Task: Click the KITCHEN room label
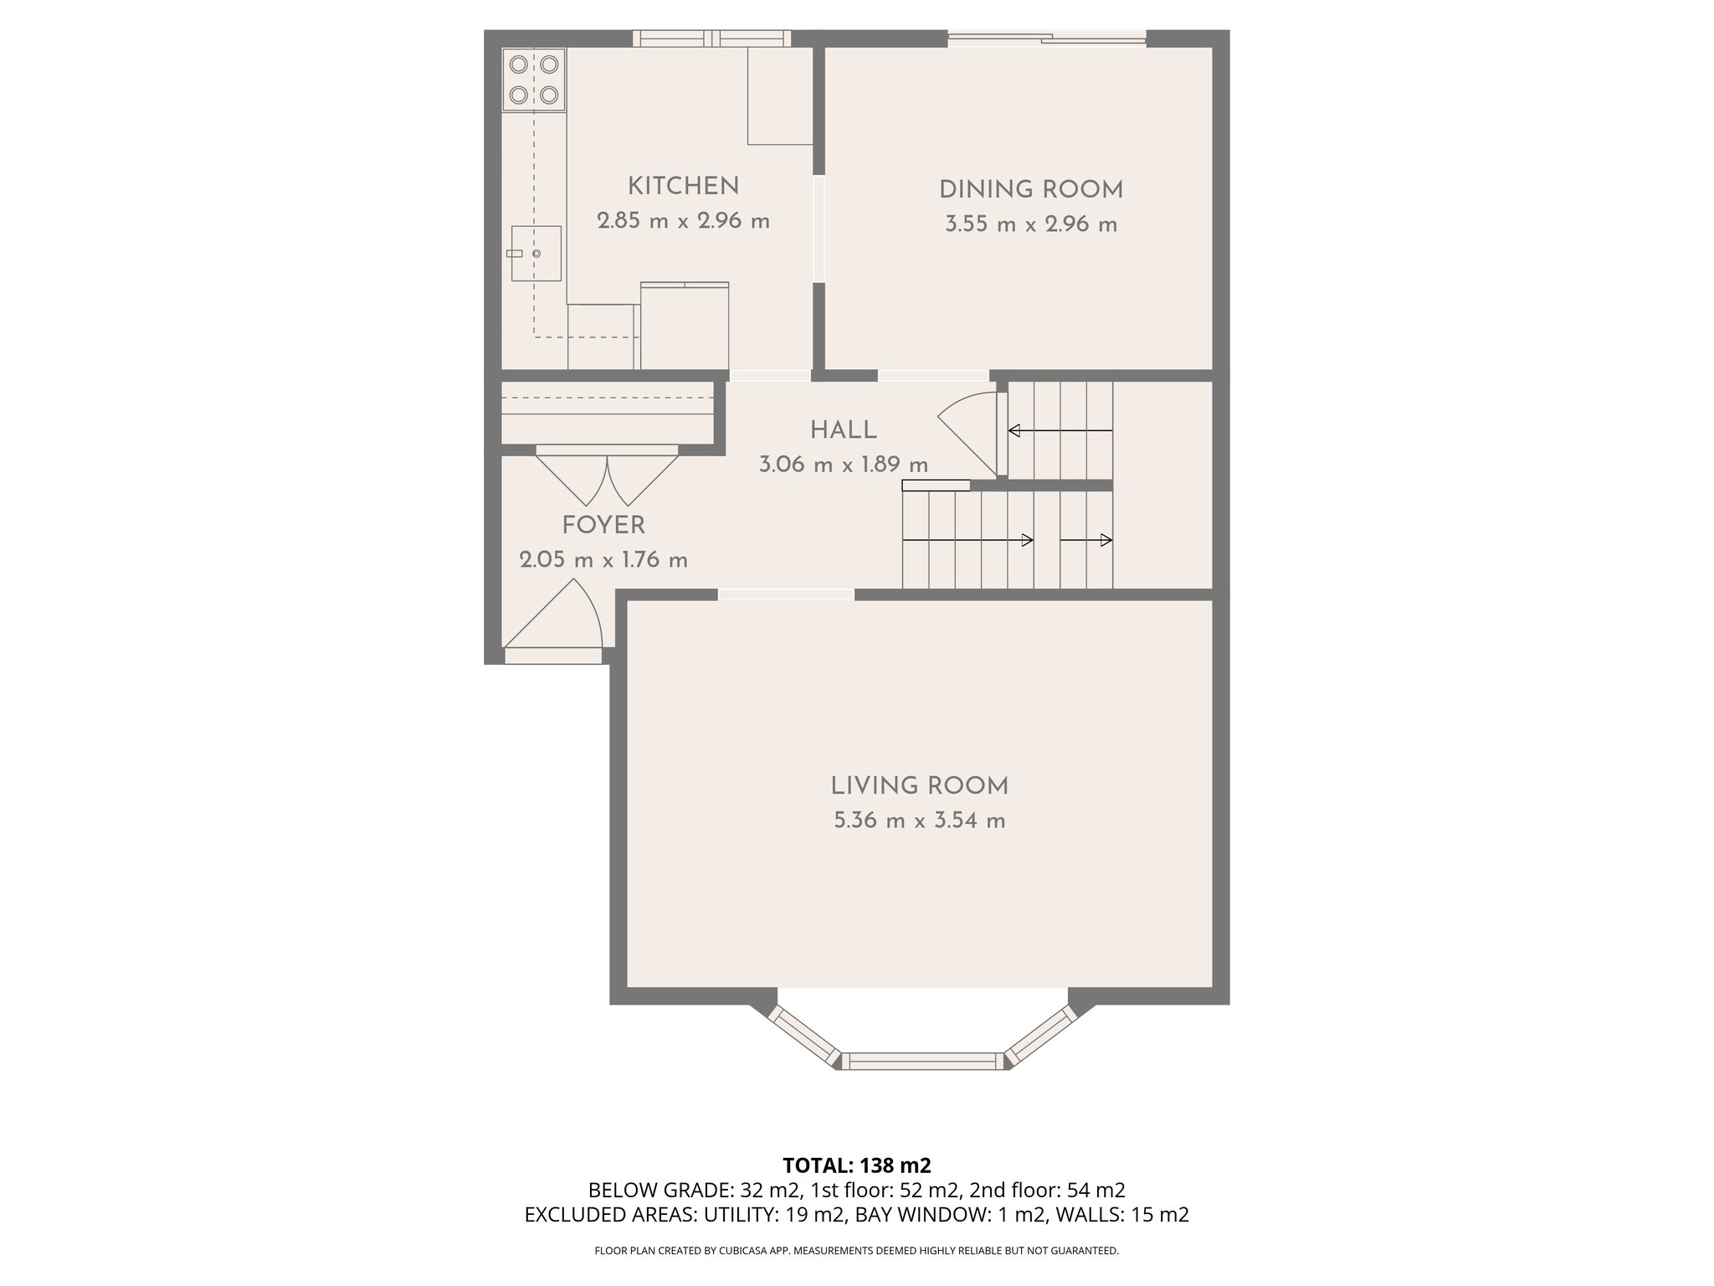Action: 683,186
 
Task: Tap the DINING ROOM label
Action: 1030,190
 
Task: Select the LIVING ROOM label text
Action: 919,786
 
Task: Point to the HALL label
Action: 843,430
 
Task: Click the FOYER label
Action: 603,526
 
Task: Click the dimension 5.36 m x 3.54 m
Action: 919,820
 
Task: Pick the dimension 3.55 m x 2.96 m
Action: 1030,224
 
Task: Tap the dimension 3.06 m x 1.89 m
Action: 843,465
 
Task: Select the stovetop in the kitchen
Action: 534,80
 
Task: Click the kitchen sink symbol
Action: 536,253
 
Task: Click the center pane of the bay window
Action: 922,1061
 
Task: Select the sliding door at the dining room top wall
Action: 1046,38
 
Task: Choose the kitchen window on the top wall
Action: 711,38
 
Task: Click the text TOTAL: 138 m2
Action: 856,1165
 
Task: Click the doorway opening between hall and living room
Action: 786,594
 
